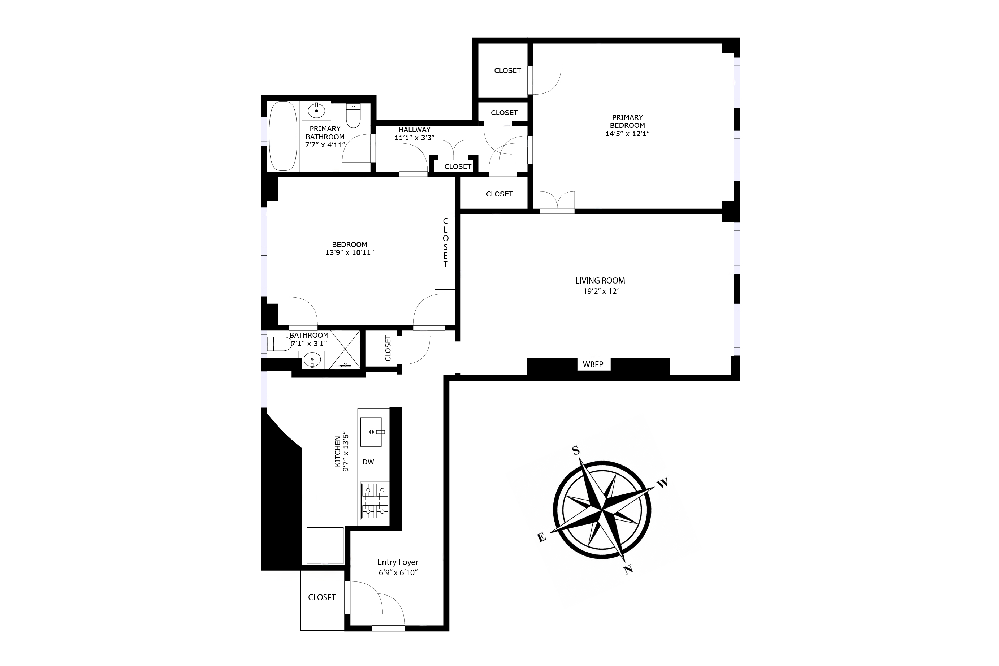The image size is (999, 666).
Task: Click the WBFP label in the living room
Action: pyautogui.click(x=593, y=364)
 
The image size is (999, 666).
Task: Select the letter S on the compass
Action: pyautogui.click(x=576, y=450)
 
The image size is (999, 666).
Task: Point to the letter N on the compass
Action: pyautogui.click(x=629, y=570)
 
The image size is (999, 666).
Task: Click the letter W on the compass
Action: pyautogui.click(x=663, y=483)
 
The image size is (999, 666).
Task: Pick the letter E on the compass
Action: pyautogui.click(x=541, y=538)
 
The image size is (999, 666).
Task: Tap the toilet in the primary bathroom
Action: pyautogui.click(x=353, y=116)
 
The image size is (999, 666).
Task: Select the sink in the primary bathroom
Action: pyautogui.click(x=316, y=111)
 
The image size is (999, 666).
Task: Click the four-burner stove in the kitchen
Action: pyautogui.click(x=375, y=501)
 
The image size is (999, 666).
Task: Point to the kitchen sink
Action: pyautogui.click(x=371, y=432)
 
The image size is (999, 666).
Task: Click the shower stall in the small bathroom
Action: pyautogui.click(x=345, y=350)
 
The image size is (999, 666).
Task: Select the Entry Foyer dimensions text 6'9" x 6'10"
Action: pyautogui.click(x=398, y=572)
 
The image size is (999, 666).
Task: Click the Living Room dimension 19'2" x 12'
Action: pyautogui.click(x=600, y=291)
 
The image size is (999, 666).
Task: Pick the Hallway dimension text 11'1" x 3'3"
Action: pyautogui.click(x=414, y=138)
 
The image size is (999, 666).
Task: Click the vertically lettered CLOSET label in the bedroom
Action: pyautogui.click(x=445, y=243)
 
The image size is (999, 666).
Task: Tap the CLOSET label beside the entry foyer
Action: pyautogui.click(x=321, y=597)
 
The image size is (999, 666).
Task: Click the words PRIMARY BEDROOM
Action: pyautogui.click(x=627, y=121)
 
